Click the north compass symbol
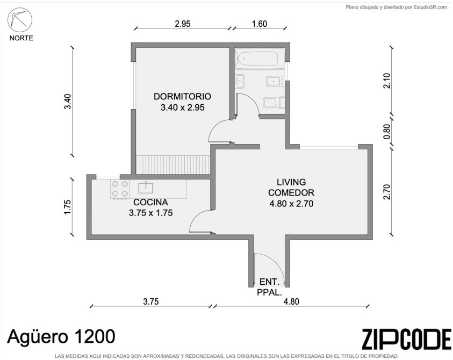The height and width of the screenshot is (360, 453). pyautogui.click(x=20, y=20)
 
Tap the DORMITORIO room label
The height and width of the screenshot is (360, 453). pyautogui.click(x=182, y=96)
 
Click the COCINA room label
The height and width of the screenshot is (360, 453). pyautogui.click(x=150, y=202)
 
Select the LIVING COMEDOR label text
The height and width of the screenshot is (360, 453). pyautogui.click(x=291, y=187)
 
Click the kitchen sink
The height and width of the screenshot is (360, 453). pyautogui.click(x=146, y=188)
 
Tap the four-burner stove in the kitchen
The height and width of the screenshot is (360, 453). pyautogui.click(x=120, y=189)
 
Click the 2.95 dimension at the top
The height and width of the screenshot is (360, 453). pyautogui.click(x=183, y=24)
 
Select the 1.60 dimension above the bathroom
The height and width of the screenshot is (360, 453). pyautogui.click(x=259, y=24)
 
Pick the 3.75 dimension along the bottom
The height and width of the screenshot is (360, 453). pyautogui.click(x=151, y=301)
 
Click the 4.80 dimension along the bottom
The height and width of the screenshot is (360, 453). pyautogui.click(x=291, y=301)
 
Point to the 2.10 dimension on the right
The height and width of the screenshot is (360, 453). pyautogui.click(x=386, y=81)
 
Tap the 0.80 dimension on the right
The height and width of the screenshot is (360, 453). pyautogui.click(x=386, y=132)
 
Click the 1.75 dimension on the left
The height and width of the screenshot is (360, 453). pyautogui.click(x=67, y=207)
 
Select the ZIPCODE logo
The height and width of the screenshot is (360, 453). pyautogui.click(x=406, y=339)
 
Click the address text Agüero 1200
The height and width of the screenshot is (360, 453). pyautogui.click(x=61, y=336)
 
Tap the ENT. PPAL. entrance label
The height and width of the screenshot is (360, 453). pyautogui.click(x=269, y=287)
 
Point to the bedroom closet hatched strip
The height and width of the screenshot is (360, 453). pyautogui.click(x=173, y=165)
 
